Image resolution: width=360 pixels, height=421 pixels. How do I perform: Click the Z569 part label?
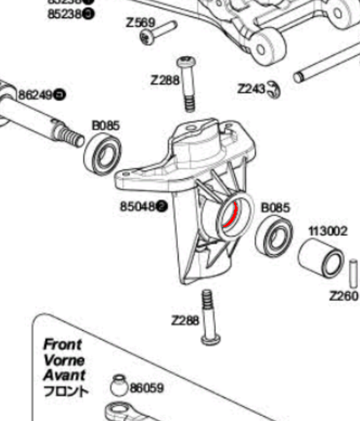[140, 23]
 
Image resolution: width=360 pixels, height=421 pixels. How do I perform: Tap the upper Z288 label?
[164, 80]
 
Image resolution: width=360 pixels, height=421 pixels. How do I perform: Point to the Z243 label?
[251, 89]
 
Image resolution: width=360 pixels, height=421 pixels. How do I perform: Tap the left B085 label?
[105, 125]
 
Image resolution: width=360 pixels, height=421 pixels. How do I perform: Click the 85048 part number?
[137, 206]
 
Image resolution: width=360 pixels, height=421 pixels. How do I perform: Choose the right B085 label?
[275, 207]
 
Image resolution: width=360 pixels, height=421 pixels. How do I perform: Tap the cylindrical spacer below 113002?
[321, 257]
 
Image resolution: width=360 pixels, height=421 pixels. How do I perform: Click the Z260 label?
[343, 296]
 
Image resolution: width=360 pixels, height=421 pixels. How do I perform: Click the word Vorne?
[64, 359]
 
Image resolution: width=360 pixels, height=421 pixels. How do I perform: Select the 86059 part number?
[146, 387]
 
